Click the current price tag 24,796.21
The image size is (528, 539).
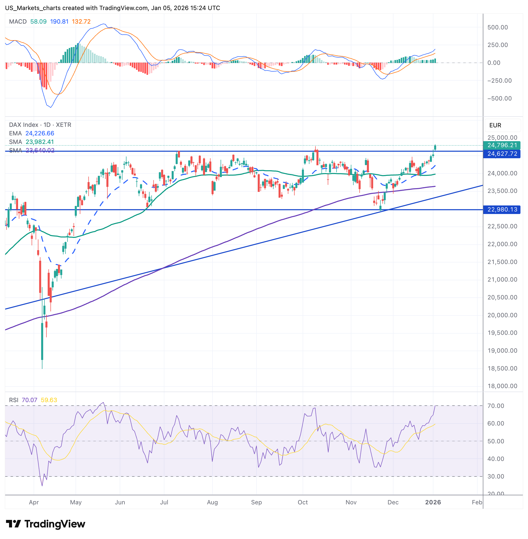[x=502, y=145]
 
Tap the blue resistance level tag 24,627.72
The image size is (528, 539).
[x=502, y=154]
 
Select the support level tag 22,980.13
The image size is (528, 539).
[x=502, y=209]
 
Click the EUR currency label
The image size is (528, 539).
[x=495, y=125]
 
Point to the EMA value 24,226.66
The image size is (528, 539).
[x=40, y=134]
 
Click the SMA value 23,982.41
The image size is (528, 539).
[x=40, y=142]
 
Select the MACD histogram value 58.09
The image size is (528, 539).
[x=38, y=22]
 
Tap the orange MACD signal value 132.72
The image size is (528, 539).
[x=81, y=22]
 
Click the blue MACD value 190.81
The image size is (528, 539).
[x=59, y=22]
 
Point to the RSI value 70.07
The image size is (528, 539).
[x=29, y=400]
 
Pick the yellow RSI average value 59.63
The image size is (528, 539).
[x=49, y=400]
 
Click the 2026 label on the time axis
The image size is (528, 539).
[x=433, y=502]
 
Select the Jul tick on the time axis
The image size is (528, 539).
[x=164, y=502]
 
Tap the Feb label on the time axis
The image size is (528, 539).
[x=477, y=502]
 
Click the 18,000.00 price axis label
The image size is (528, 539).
[x=502, y=386]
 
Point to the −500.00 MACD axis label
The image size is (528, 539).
[x=499, y=98]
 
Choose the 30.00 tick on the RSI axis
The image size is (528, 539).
[x=496, y=476]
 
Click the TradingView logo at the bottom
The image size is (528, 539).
[x=45, y=524]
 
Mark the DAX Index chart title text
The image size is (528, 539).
[x=40, y=125]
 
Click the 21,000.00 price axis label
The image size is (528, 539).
[x=502, y=280]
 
